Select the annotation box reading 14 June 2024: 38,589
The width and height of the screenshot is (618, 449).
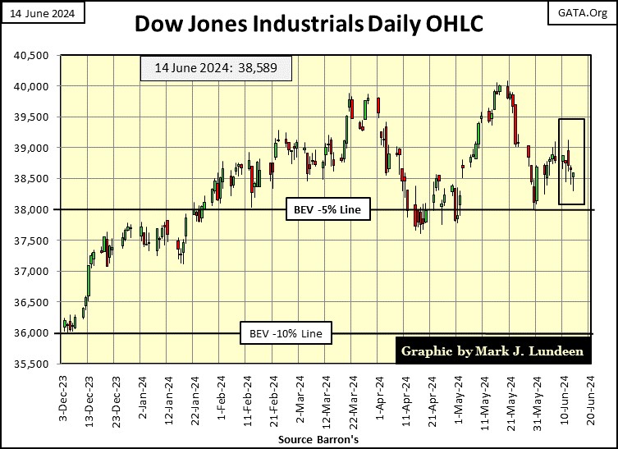coord(216,69)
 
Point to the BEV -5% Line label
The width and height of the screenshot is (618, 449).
coord(327,210)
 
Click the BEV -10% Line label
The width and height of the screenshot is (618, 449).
coord(286,334)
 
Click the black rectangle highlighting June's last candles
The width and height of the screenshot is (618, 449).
coord(571,162)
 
